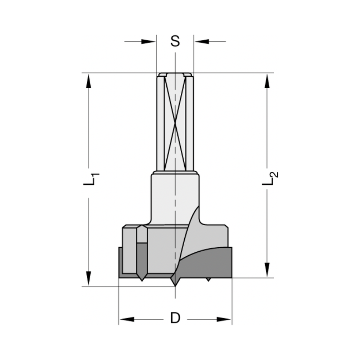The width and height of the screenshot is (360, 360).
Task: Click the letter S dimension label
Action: point(175,41)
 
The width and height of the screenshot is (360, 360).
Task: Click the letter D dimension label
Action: point(175,318)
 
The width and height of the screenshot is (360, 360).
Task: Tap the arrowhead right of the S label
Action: point(202,41)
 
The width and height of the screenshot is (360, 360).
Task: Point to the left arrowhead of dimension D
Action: point(127,319)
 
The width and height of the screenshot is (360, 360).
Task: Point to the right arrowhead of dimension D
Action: point(224,319)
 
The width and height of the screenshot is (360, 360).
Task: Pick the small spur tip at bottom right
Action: point(208,279)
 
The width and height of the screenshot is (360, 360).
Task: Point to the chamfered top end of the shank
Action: point(175,75)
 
